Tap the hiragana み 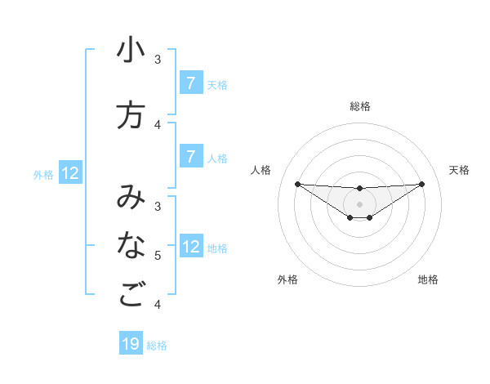[x=131, y=198]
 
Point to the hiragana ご [x=131, y=295]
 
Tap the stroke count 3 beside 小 [x=158, y=59]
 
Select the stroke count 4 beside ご [x=158, y=305]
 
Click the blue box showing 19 [x=131, y=344]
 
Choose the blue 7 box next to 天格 [x=191, y=83]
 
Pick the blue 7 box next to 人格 [x=191, y=157]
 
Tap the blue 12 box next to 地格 [x=191, y=247]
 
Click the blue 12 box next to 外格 [x=70, y=173]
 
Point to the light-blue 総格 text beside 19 [x=157, y=346]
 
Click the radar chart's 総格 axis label [x=359, y=106]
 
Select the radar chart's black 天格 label [x=459, y=170]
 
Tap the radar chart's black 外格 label [x=287, y=279]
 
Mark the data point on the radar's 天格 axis [x=421, y=184]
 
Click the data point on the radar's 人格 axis [x=297, y=184]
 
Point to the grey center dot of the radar [x=359, y=203]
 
